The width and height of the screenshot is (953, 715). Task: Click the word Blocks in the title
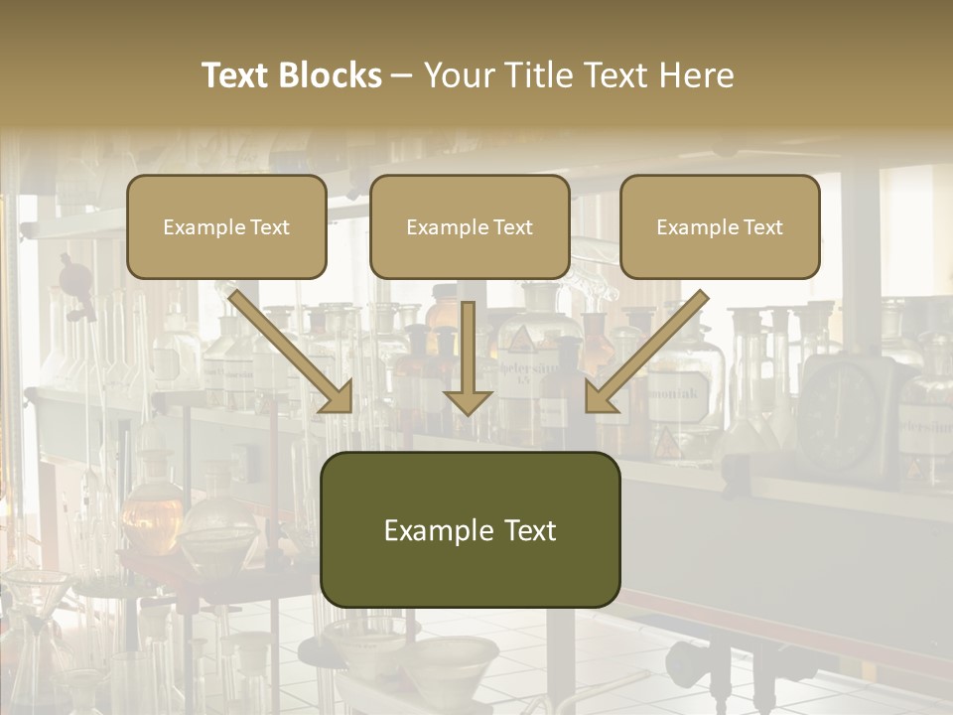tap(331, 75)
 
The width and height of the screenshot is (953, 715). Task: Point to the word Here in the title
tap(697, 75)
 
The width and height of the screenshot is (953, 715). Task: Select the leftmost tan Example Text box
tap(226, 226)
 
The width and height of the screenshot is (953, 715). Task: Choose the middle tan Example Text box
tap(470, 226)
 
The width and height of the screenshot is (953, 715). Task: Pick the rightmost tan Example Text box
tap(720, 226)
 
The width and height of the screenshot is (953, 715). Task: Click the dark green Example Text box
tap(470, 529)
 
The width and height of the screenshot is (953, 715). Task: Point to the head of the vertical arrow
tap(468, 401)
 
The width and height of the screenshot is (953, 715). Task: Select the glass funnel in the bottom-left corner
tap(35, 596)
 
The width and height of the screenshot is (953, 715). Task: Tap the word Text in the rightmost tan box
tap(762, 226)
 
